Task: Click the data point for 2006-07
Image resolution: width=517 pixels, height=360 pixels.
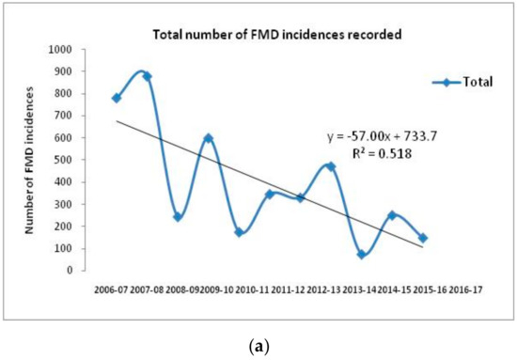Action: [117, 98]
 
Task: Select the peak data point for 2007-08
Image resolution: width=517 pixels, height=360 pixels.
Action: [148, 76]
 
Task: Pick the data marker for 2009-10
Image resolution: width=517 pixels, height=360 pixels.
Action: [208, 138]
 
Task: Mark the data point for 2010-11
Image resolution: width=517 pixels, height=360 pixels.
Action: [239, 231]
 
